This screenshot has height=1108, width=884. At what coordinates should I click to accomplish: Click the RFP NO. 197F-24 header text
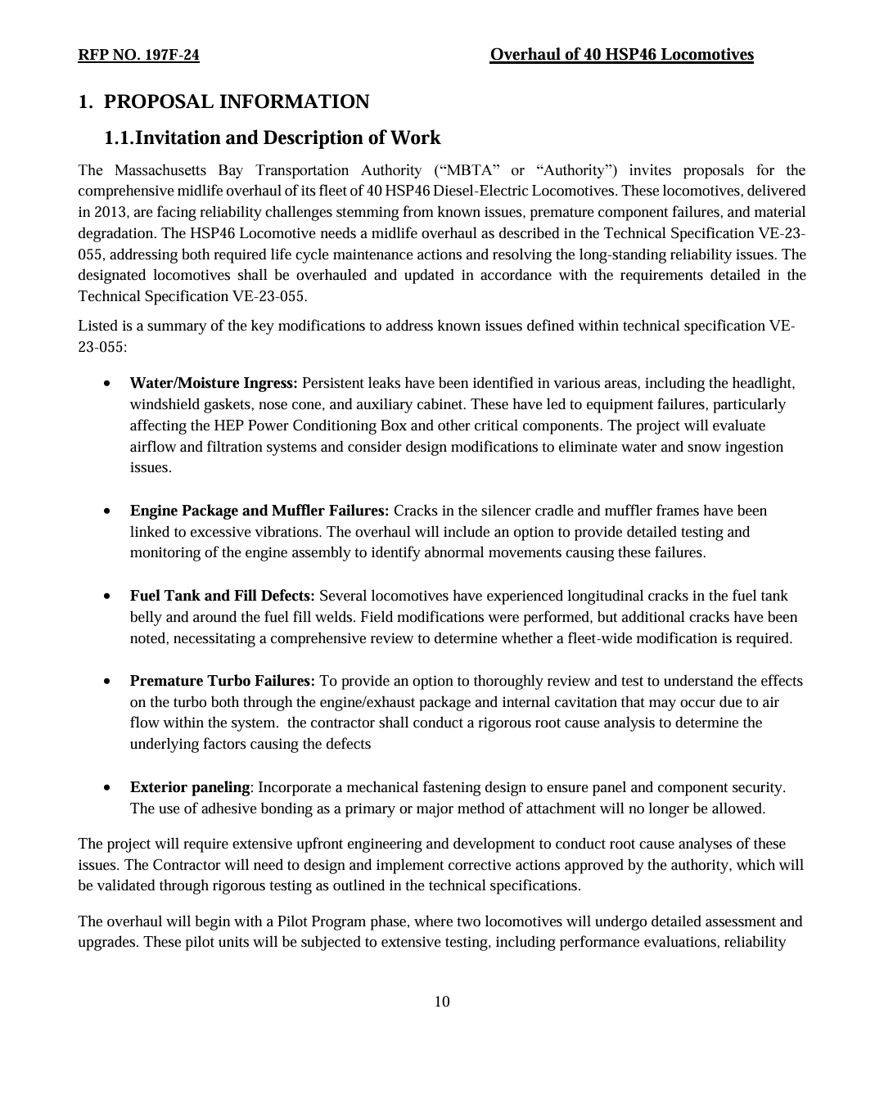click(138, 55)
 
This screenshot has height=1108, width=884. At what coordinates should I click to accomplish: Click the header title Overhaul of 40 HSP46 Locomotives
click(621, 55)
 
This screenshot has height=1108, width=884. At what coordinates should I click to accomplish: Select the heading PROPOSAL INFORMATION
click(237, 101)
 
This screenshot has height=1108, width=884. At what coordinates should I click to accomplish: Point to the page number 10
click(442, 1002)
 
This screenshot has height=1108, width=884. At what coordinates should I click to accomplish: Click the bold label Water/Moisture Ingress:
click(214, 383)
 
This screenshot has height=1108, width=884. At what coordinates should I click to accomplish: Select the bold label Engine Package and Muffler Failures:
click(259, 511)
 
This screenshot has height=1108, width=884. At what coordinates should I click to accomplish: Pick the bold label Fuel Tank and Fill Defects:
click(223, 596)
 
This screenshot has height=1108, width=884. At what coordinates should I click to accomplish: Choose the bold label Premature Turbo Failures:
click(223, 681)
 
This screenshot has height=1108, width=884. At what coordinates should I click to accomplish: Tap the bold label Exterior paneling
click(190, 787)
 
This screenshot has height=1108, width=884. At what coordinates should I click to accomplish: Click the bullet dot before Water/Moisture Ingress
click(108, 384)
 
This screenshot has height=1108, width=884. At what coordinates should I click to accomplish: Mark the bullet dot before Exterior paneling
click(108, 788)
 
